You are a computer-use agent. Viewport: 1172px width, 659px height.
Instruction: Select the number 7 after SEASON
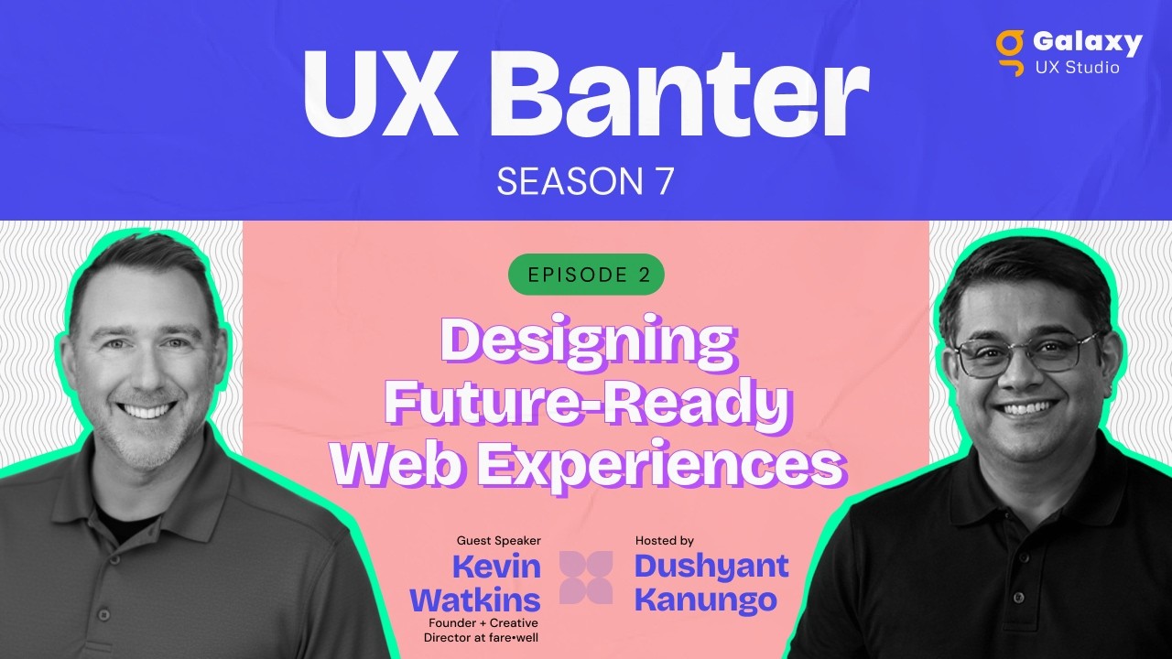click(664, 182)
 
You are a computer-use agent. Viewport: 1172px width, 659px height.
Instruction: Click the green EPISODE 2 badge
click(586, 275)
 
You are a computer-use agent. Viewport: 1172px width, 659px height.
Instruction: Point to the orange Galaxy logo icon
click(1010, 52)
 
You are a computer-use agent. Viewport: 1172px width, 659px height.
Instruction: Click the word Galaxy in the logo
click(1088, 42)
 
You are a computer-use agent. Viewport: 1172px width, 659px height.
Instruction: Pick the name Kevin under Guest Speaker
click(496, 567)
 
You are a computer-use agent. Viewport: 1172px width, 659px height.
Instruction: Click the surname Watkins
click(475, 600)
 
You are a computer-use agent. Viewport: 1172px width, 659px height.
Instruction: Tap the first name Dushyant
click(711, 567)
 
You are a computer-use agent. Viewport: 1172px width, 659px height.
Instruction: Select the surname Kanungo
click(705, 600)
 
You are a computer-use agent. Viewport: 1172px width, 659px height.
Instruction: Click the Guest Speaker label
click(499, 541)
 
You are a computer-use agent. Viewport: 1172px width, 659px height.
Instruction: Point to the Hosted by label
click(665, 541)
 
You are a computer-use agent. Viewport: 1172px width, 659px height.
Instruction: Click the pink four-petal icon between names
click(586, 578)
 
